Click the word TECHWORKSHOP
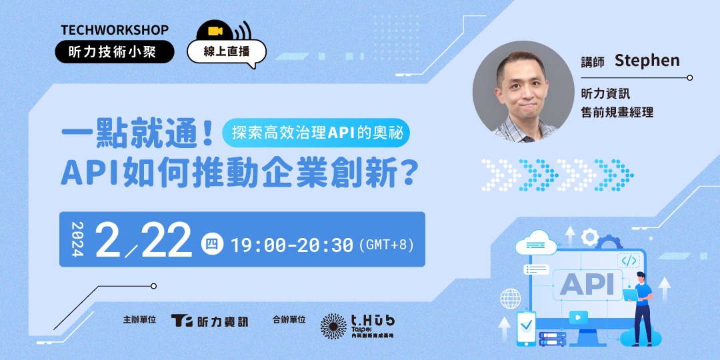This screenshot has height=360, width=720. pyautogui.click(x=115, y=30)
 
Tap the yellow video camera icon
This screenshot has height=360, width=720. pyautogui.click(x=215, y=31)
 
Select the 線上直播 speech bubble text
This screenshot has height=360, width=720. pyautogui.click(x=226, y=51)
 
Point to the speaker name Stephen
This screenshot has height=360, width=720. pyautogui.click(x=647, y=61)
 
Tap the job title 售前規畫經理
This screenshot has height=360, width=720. pyautogui.click(x=617, y=113)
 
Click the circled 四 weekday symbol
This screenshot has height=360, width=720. pyautogui.click(x=211, y=245)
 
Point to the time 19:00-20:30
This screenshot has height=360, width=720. pyautogui.click(x=291, y=245)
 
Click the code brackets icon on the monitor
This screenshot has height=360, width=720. pyautogui.click(x=629, y=261)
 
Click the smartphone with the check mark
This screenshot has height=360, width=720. pyautogui.click(x=527, y=327)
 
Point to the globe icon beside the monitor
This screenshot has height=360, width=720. pyautogui.click(x=511, y=297)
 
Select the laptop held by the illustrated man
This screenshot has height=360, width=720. pyautogui.click(x=630, y=292)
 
